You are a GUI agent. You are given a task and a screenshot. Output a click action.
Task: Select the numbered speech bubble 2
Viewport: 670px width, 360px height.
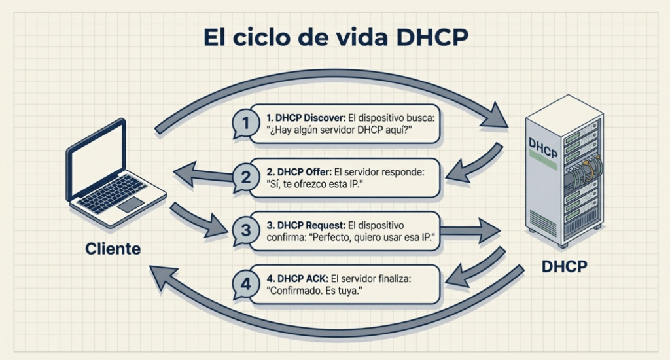[x=245, y=177]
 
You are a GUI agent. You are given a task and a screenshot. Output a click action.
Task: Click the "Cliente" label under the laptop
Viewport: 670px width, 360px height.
[x=113, y=249]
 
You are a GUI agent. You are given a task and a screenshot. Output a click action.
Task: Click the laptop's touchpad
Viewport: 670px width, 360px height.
[x=130, y=204]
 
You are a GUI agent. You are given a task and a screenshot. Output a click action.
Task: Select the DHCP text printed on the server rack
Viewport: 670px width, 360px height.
[x=542, y=148]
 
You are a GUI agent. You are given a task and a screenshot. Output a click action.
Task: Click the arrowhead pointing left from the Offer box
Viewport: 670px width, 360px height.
[x=185, y=173]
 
